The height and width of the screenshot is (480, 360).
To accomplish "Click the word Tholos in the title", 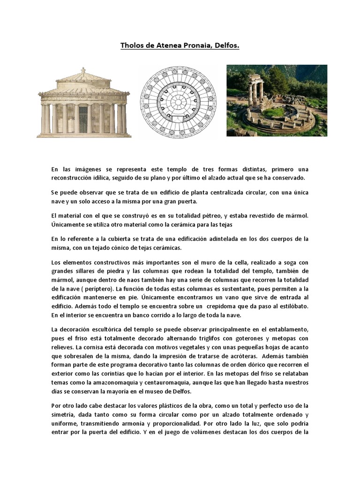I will coord(132,46).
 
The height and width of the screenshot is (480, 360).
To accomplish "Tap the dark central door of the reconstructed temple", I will coord(83,119).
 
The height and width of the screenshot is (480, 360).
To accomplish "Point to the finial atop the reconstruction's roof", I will coord(83,70).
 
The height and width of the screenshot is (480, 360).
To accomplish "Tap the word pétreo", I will coord(198,216).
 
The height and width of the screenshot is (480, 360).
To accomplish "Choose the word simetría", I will coord(64,415).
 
